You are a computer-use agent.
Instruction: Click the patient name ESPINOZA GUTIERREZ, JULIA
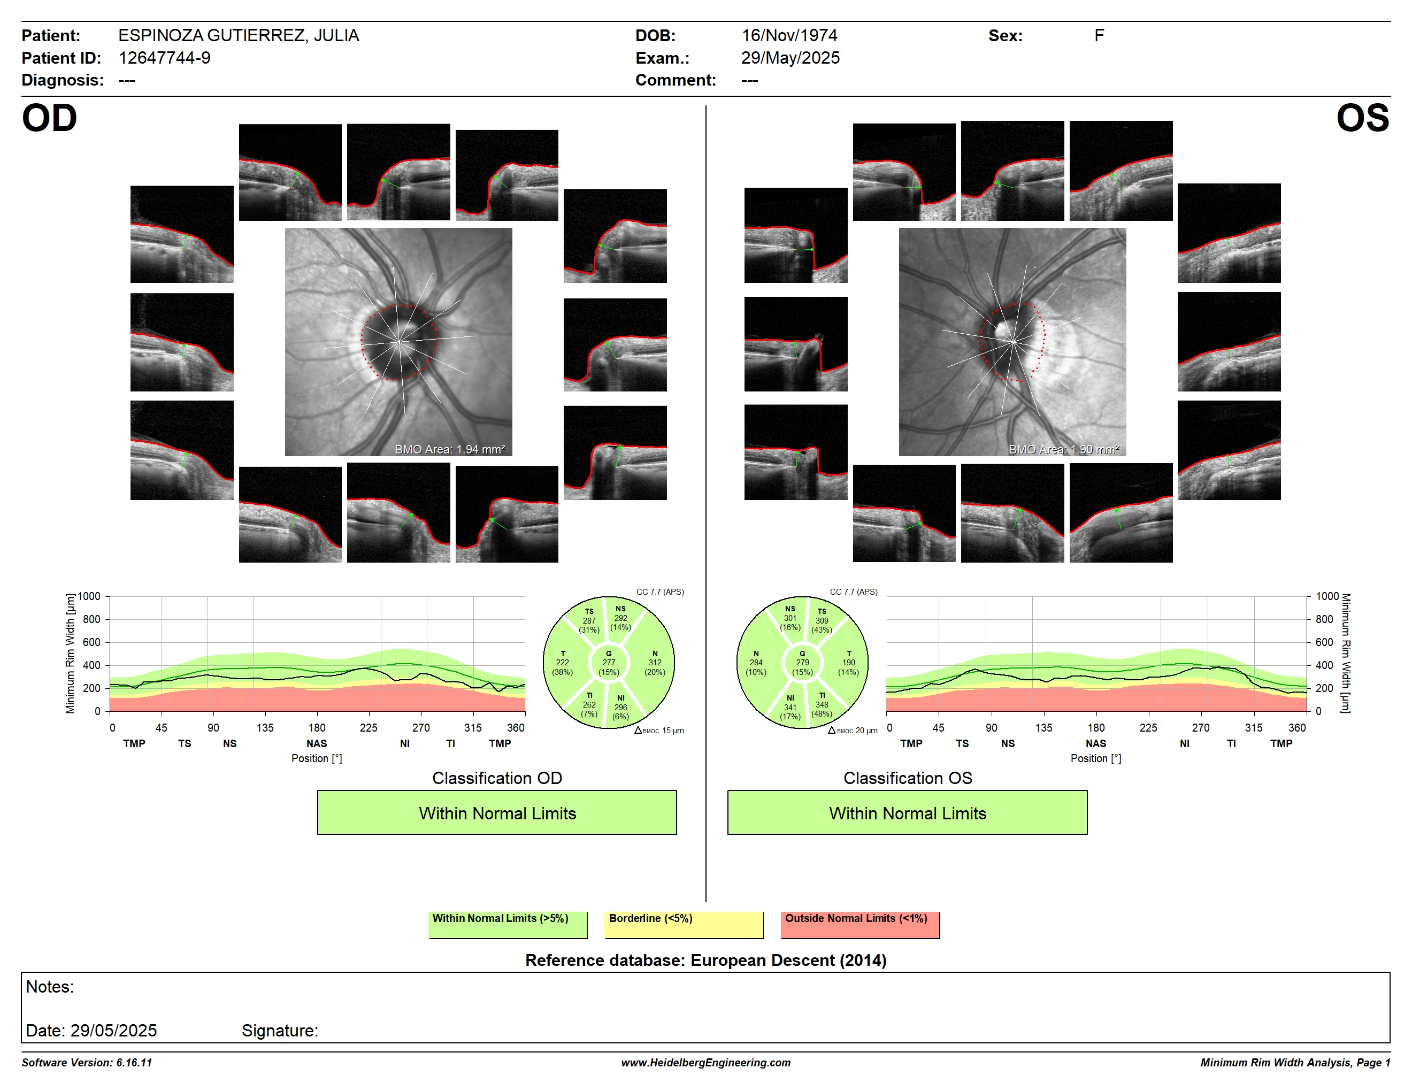click(239, 35)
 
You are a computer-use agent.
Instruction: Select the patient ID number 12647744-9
click(164, 58)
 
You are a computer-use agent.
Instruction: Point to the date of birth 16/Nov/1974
click(789, 35)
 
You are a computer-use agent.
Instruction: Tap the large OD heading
click(49, 118)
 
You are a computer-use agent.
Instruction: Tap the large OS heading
click(1363, 118)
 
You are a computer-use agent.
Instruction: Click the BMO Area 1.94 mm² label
click(449, 449)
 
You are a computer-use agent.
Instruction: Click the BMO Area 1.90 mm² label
click(1063, 449)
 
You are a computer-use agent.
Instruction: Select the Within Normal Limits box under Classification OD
click(496, 812)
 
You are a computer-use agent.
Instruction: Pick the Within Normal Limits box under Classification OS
click(907, 812)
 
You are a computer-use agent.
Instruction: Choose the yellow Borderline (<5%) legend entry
click(684, 924)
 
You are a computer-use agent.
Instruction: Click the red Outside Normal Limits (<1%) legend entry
click(860, 924)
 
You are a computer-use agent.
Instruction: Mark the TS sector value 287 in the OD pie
click(589, 620)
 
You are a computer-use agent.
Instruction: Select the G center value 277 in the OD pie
click(608, 663)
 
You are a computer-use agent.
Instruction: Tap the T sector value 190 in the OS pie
click(849, 663)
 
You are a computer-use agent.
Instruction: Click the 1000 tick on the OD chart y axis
click(89, 596)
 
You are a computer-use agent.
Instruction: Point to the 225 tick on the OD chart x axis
click(369, 728)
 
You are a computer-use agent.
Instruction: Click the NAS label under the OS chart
click(1096, 744)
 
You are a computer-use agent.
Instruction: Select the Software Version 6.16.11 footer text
click(87, 1063)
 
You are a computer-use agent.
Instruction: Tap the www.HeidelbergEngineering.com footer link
click(706, 1063)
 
